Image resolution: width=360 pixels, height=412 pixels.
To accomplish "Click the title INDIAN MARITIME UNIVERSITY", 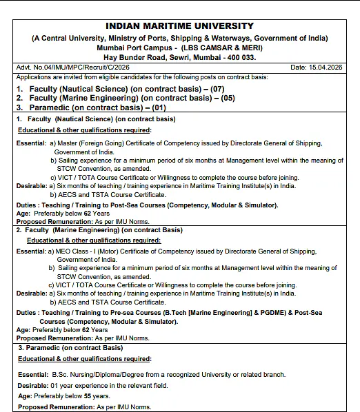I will click(x=179, y=26).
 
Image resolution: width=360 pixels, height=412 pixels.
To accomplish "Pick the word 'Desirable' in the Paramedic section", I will click(x=32, y=385).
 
